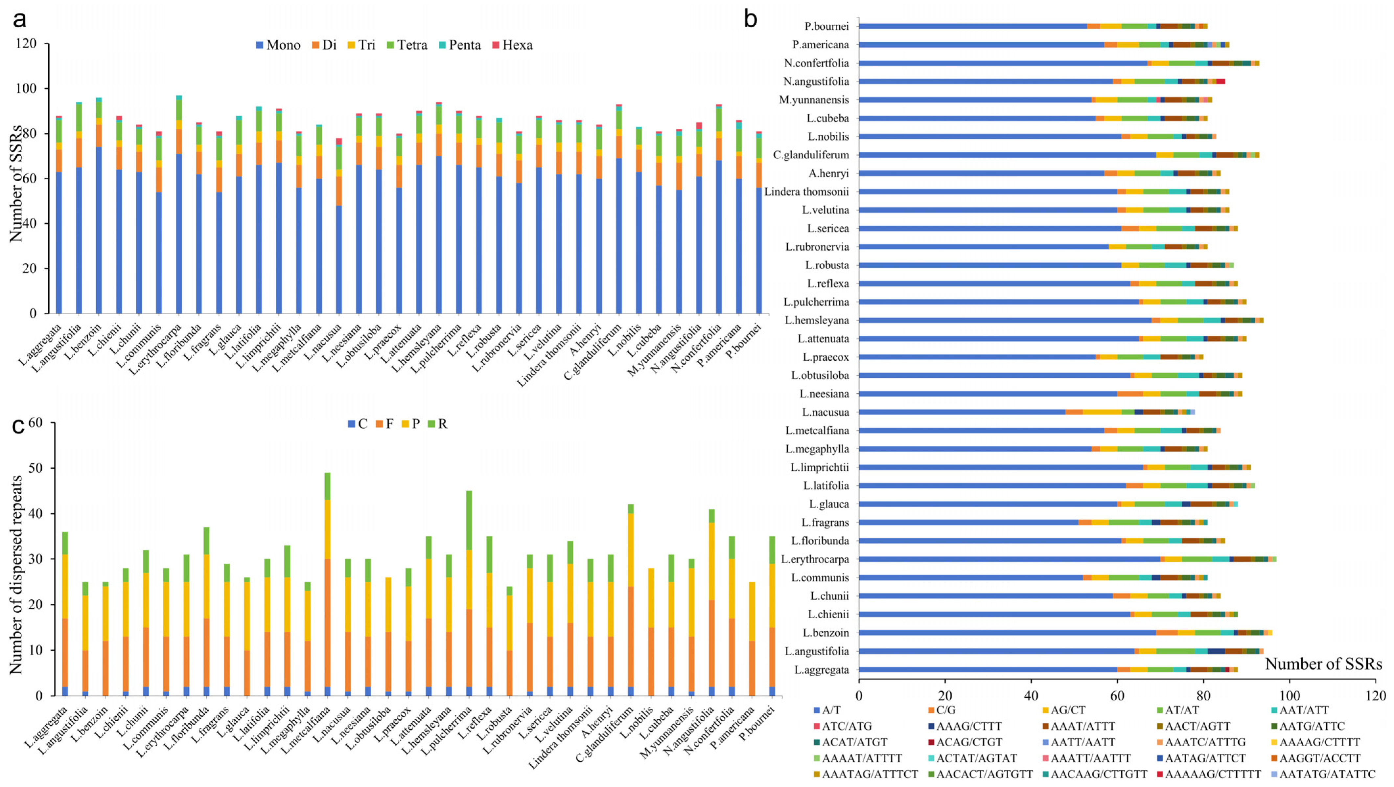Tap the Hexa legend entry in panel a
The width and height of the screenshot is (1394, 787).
coord(512,45)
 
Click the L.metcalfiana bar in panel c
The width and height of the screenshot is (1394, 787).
coord(327,584)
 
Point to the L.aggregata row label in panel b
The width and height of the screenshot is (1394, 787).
coord(822,670)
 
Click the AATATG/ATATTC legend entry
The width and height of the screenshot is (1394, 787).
coord(1323,774)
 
